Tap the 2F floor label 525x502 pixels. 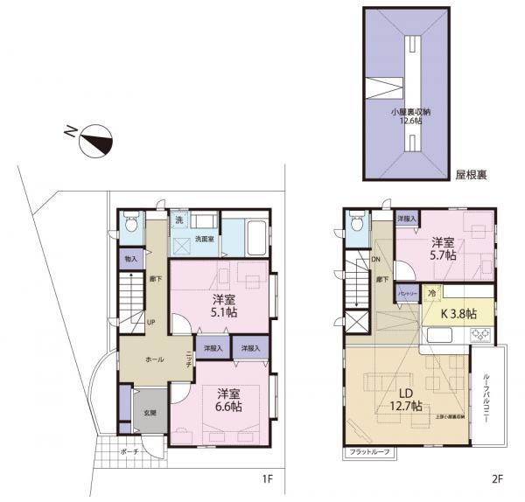(x=497, y=479)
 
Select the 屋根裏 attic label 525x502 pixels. (x=472, y=175)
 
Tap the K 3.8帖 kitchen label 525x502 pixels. (x=458, y=312)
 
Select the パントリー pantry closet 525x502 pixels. (x=407, y=295)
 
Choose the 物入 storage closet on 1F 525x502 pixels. (x=130, y=258)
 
